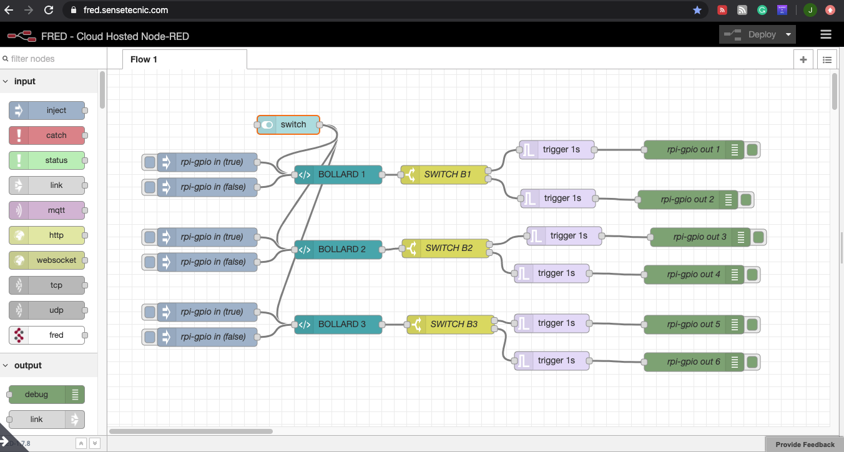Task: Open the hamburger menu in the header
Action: coord(826,35)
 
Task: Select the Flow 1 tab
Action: coord(144,59)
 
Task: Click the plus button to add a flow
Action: coord(803,60)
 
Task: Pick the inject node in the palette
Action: coord(47,111)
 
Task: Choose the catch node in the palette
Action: coord(47,135)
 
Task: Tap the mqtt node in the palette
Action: coord(47,210)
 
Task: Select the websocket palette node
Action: coord(47,260)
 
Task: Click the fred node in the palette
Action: coord(47,335)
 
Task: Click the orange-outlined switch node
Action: coord(288,125)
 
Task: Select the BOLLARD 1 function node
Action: coord(338,175)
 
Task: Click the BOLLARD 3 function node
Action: coord(338,325)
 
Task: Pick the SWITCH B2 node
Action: coord(446,248)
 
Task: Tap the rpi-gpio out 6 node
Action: coord(694,362)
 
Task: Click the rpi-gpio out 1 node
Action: coord(694,150)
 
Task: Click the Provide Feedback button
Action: coord(805,445)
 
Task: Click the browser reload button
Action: coord(49,10)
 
